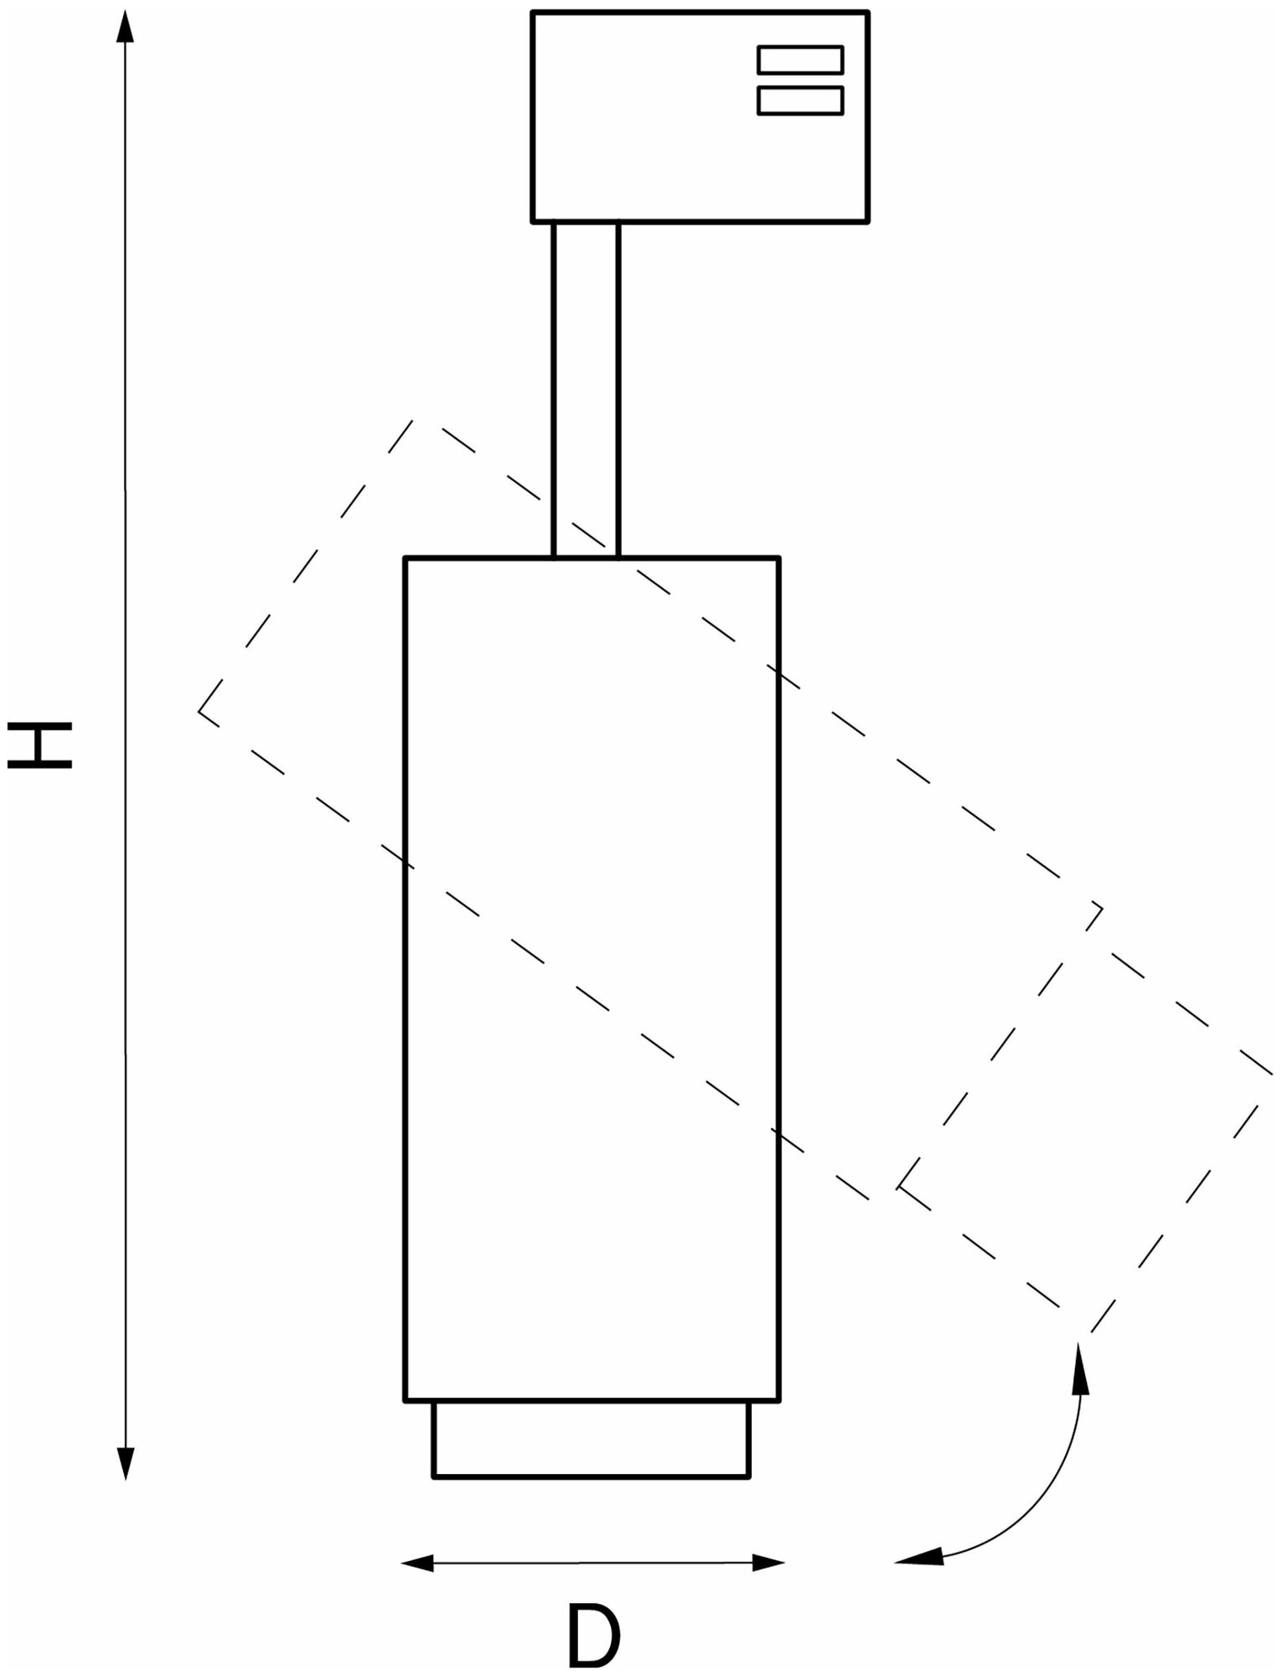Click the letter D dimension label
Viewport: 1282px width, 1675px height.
(x=593, y=1634)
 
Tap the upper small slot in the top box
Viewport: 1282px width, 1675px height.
(x=799, y=59)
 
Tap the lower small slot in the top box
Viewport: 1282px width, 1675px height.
(x=799, y=100)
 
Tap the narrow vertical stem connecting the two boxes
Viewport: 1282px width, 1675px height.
(x=586, y=389)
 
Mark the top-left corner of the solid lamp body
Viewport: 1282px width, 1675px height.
(x=406, y=559)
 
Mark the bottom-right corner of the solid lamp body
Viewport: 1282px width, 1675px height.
(x=778, y=1399)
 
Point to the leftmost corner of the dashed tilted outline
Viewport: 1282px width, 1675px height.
(x=199, y=711)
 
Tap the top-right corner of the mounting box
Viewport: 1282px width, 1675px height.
(x=868, y=13)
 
